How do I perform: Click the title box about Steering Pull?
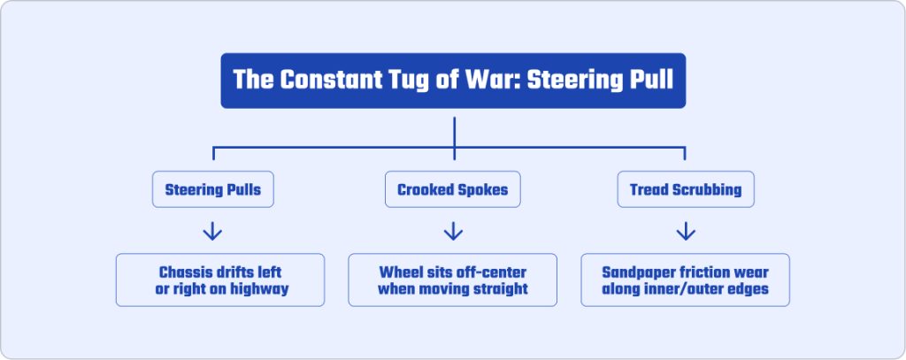click(x=453, y=80)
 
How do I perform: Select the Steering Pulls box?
click(x=212, y=189)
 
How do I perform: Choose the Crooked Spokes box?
click(x=452, y=189)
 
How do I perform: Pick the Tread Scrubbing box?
click(x=686, y=189)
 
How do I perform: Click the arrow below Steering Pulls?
click(x=212, y=231)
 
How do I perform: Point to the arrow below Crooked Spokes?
click(x=453, y=231)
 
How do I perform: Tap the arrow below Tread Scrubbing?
click(x=686, y=231)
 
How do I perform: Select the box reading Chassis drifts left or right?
click(x=220, y=280)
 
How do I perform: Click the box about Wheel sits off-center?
click(x=452, y=280)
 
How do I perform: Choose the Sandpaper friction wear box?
click(x=686, y=280)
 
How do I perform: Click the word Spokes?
click(x=486, y=189)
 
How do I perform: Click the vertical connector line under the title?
click(x=454, y=138)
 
